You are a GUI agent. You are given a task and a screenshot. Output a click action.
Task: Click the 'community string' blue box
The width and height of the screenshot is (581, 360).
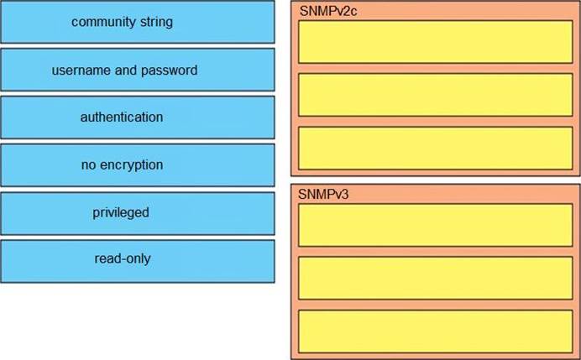pos(138,22)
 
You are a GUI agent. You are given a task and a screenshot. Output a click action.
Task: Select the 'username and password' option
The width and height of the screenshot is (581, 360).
pos(138,70)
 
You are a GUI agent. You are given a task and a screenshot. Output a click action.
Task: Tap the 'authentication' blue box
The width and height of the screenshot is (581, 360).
pos(138,117)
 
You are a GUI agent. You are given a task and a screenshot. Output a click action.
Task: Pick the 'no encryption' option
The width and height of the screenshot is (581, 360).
pos(138,165)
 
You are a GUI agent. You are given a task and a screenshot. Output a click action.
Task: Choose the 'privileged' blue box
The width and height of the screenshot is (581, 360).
pos(138,213)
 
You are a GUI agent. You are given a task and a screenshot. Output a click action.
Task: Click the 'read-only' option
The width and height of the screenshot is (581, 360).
pos(138,261)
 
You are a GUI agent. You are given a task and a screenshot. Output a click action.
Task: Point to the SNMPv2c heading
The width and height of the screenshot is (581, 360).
pos(328,11)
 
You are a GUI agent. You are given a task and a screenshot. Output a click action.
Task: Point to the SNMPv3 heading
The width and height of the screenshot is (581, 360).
pos(323,194)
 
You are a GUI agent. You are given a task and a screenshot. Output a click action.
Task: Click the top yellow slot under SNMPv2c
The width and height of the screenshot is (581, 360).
pos(436,42)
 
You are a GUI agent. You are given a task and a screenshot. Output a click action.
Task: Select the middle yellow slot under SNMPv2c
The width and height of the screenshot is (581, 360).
pos(436,95)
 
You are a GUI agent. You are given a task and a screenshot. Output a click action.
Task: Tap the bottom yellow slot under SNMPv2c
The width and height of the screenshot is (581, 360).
pos(436,149)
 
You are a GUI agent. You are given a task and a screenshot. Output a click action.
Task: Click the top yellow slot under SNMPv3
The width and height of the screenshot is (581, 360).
pos(436,225)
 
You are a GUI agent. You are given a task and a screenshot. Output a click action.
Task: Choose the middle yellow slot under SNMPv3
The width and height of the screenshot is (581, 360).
pos(436,278)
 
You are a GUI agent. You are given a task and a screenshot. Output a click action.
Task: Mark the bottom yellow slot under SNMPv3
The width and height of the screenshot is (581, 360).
pos(436,331)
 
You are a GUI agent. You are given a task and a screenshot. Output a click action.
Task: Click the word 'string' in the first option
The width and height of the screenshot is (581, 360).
pos(156,22)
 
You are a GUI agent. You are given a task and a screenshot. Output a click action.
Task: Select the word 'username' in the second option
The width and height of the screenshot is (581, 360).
pos(81,70)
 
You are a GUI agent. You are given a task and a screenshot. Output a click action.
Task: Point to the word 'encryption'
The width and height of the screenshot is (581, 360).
pos(132,165)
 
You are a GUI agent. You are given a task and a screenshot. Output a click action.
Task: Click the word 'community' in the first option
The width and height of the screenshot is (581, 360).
pos(104,22)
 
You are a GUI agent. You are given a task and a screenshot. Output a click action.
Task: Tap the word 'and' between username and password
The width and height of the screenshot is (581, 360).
pos(126,70)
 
